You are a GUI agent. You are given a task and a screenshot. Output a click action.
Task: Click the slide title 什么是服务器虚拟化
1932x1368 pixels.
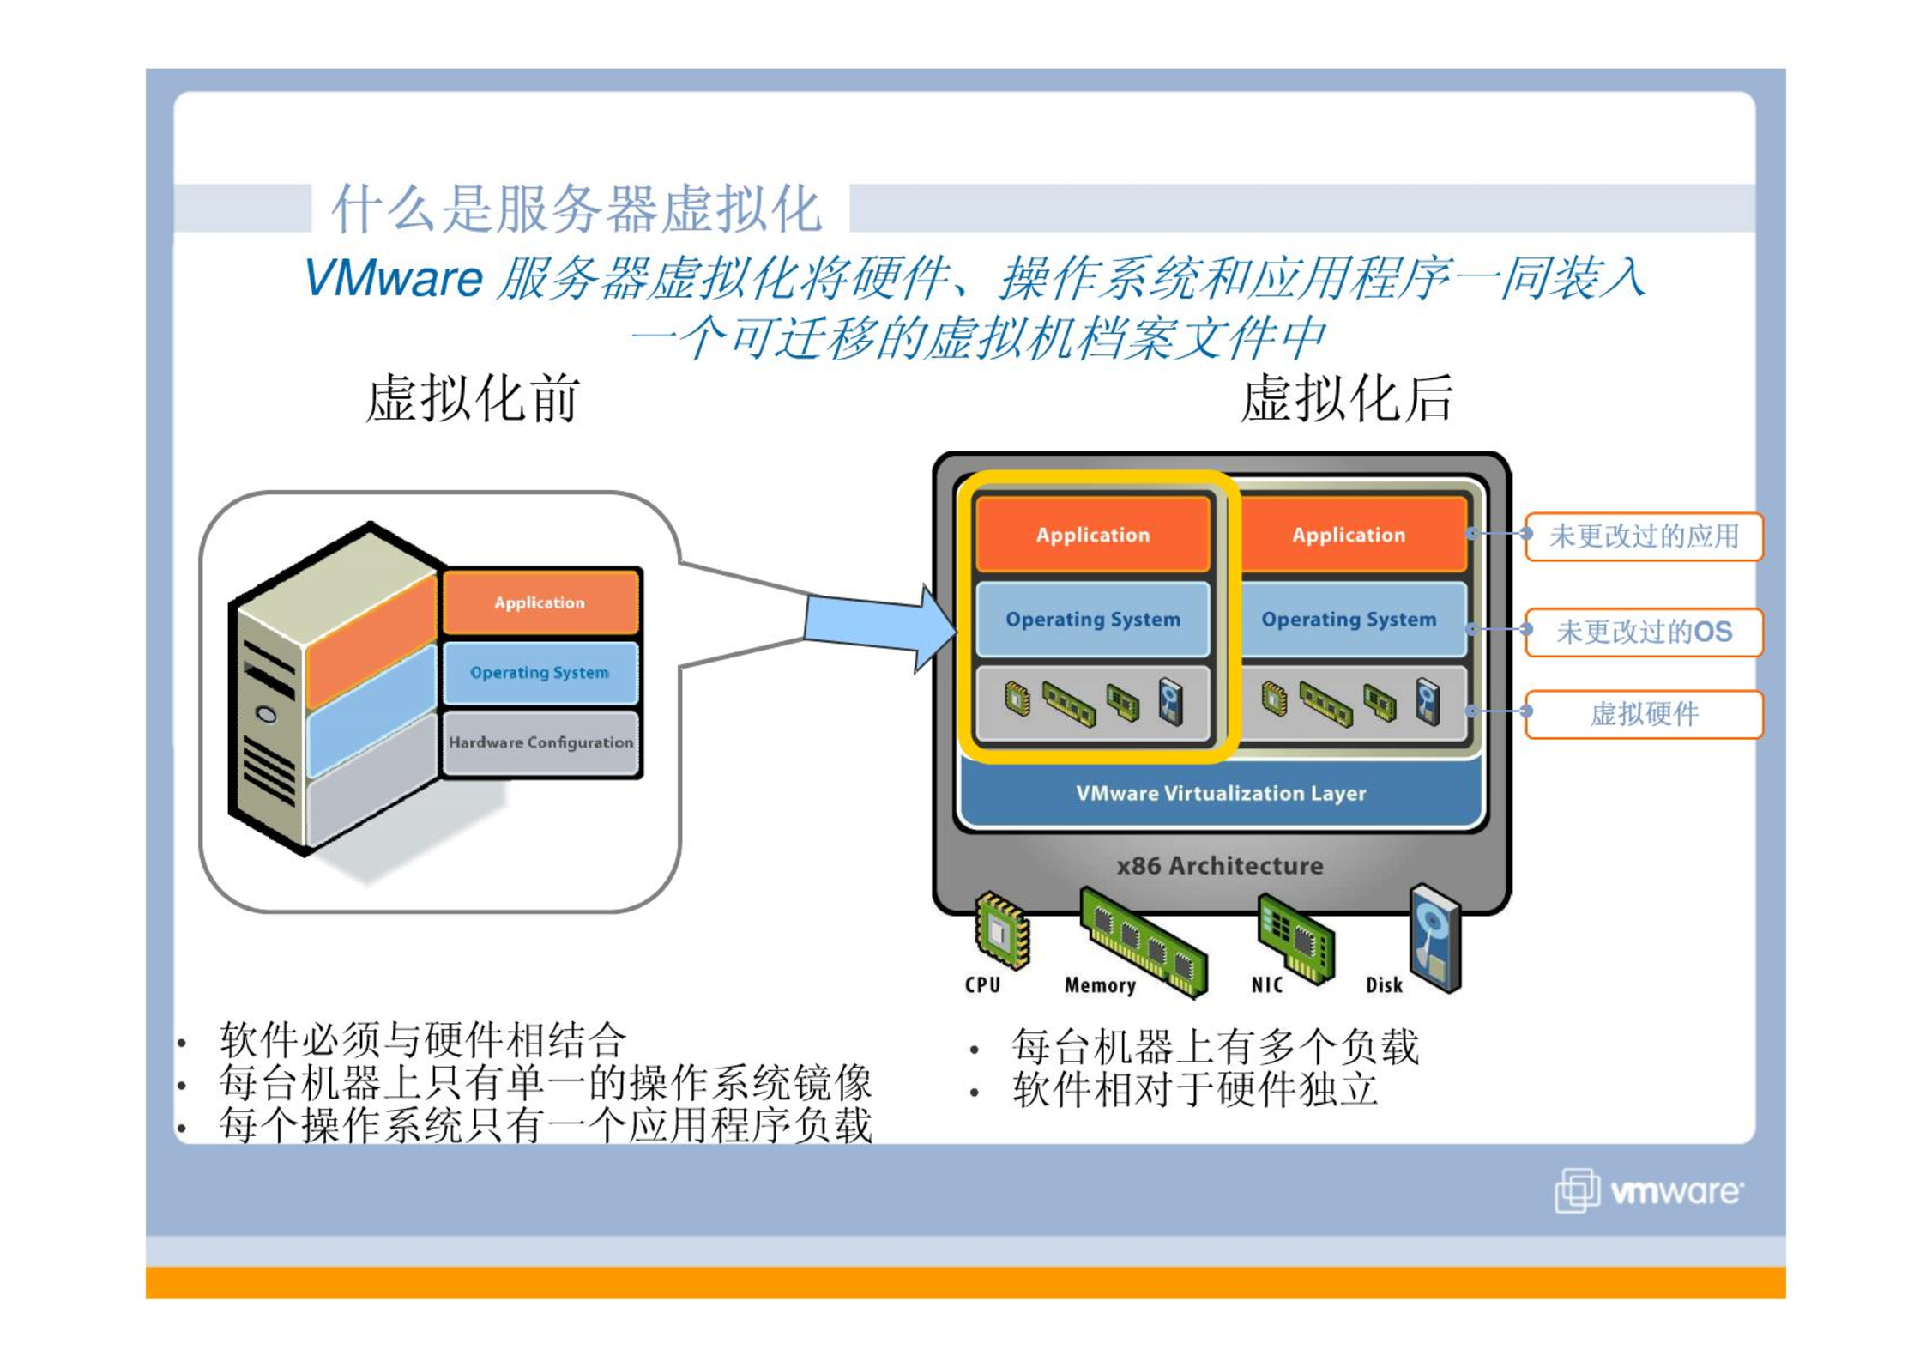[577, 209]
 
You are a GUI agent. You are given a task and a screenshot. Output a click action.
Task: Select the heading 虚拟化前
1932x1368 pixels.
[473, 399]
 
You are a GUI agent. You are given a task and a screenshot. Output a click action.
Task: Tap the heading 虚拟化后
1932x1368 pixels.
[1346, 399]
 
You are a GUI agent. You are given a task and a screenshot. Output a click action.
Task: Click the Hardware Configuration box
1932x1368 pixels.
[540, 742]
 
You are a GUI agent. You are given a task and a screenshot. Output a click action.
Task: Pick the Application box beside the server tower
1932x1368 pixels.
[540, 602]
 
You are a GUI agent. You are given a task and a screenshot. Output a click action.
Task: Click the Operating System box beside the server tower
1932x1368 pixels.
[540, 672]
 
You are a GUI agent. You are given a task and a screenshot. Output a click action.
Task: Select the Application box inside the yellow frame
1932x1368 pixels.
[1092, 535]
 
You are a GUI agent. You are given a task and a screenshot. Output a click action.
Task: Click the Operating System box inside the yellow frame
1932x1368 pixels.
[1092, 619]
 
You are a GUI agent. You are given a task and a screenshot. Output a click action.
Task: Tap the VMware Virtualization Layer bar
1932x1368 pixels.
[1220, 793]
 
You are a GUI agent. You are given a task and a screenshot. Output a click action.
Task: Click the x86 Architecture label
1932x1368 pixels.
[1219, 865]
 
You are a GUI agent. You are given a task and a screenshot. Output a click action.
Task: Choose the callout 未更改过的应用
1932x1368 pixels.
[1643, 536]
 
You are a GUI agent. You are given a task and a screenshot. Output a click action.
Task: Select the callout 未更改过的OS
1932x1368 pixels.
[1643, 632]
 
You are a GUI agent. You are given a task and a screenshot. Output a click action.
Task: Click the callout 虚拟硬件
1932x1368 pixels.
[1643, 713]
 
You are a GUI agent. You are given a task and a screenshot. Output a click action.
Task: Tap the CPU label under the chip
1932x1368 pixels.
[982, 984]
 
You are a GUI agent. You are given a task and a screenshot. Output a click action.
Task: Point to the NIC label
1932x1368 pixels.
[1266, 984]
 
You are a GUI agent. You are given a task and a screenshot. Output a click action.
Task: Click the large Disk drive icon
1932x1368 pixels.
[1434, 938]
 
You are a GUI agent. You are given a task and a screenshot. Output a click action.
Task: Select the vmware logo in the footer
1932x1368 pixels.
[1648, 1191]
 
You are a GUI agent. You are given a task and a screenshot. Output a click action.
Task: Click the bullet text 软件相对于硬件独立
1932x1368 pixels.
[1194, 1089]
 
